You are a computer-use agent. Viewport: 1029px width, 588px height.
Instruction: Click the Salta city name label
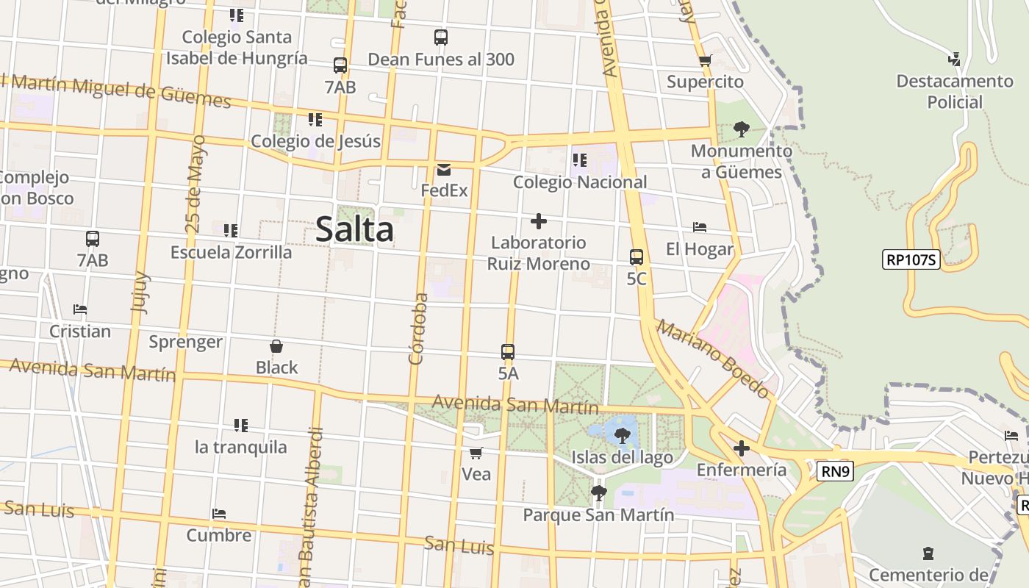(355, 230)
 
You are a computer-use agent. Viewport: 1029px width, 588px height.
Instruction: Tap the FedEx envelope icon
(444, 170)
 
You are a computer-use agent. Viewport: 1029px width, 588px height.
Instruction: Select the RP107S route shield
(911, 259)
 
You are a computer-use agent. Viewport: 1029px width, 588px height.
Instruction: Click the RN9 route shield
(835, 471)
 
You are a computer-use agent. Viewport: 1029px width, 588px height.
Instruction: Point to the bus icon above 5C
(637, 257)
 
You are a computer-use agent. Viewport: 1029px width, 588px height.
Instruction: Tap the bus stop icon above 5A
(508, 351)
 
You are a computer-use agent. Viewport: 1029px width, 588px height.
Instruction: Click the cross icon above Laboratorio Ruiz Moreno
(539, 220)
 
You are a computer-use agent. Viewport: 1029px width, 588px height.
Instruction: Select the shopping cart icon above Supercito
(706, 60)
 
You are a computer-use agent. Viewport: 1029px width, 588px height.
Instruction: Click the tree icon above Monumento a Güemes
(741, 129)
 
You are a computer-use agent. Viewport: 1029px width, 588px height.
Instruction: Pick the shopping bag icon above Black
(276, 346)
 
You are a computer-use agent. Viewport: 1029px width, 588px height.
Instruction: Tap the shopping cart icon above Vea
(476, 453)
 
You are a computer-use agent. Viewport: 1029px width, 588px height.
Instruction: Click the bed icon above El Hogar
(700, 228)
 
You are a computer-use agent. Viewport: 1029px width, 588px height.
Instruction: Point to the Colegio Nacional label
(580, 182)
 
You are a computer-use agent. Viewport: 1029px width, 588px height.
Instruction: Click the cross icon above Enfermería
(741, 448)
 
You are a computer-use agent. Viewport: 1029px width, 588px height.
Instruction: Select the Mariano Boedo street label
(712, 359)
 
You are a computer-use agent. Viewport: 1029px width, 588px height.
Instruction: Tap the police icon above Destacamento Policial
(955, 60)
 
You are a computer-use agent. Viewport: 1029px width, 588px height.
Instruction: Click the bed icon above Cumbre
(219, 514)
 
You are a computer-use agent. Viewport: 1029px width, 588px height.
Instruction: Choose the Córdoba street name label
(418, 329)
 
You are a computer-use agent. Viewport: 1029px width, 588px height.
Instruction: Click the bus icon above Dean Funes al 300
(441, 37)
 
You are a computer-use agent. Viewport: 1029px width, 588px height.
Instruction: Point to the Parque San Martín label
(598, 514)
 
